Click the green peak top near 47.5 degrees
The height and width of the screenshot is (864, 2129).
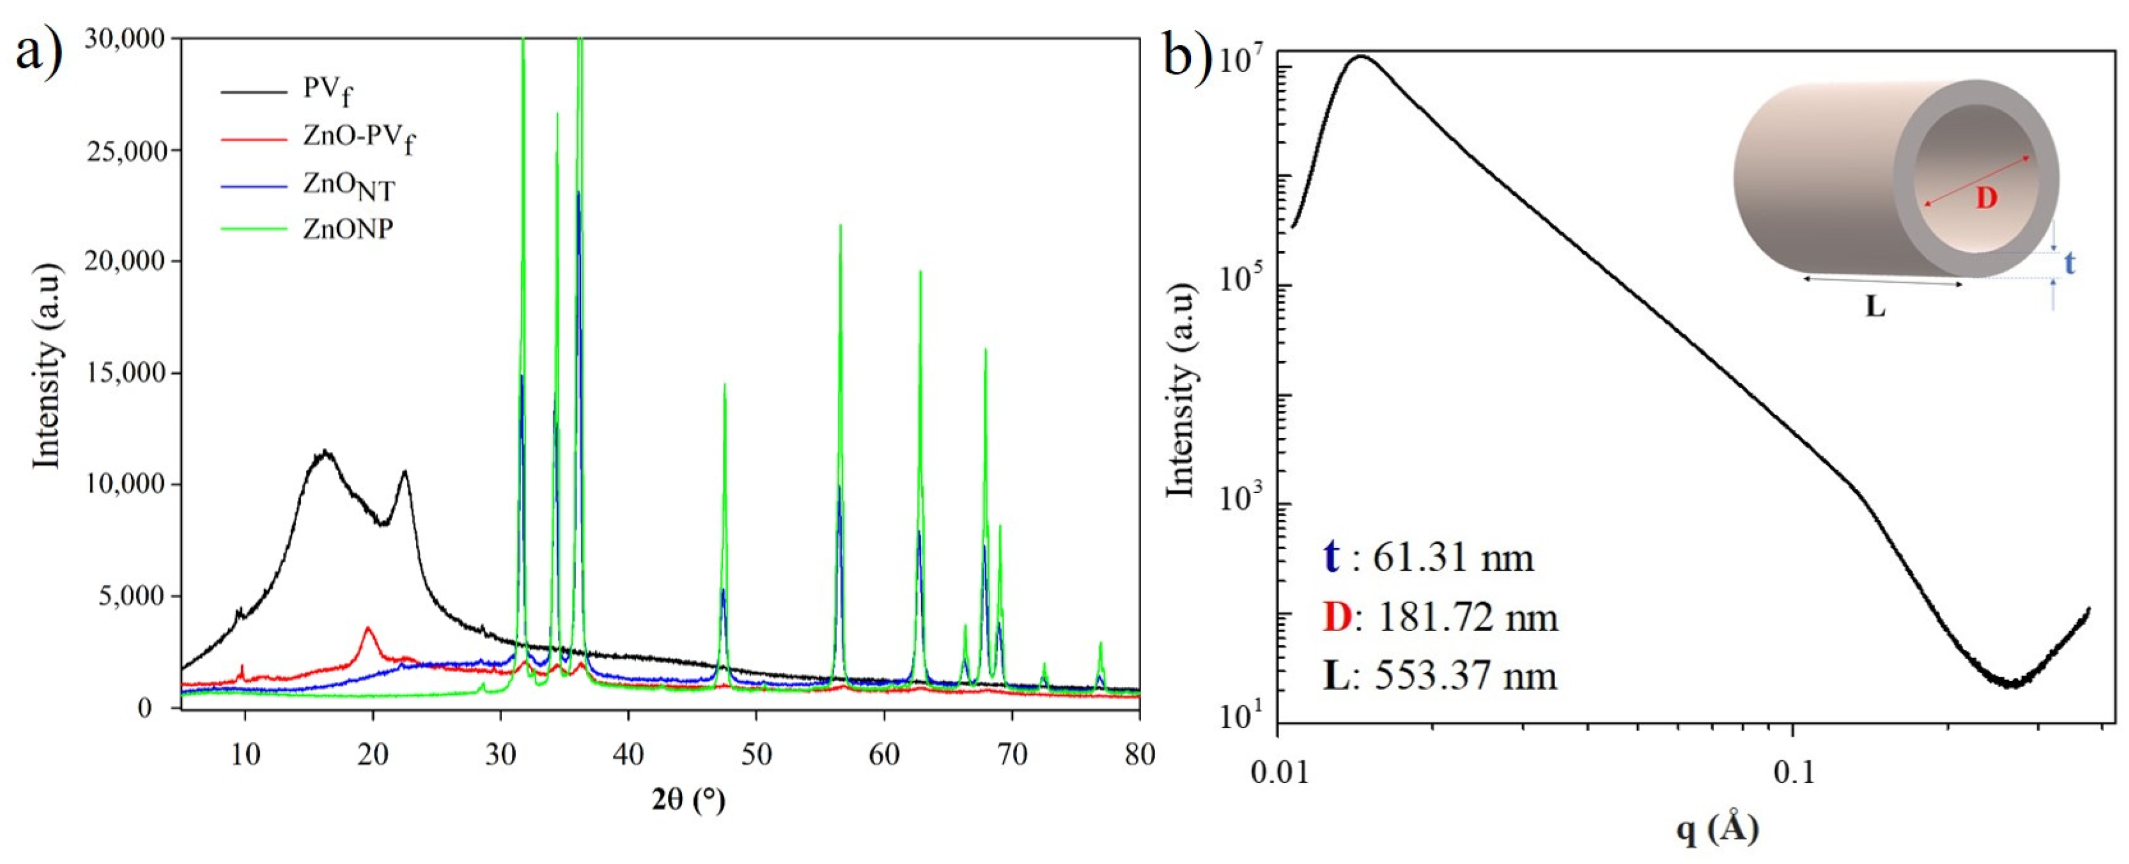(x=725, y=385)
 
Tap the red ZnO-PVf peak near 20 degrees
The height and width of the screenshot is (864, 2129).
(x=368, y=628)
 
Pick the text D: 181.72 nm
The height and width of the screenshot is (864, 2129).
(x=1440, y=617)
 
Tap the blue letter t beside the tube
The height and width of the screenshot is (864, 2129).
(x=2071, y=263)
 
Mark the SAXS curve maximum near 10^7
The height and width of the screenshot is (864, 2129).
(x=1360, y=57)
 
